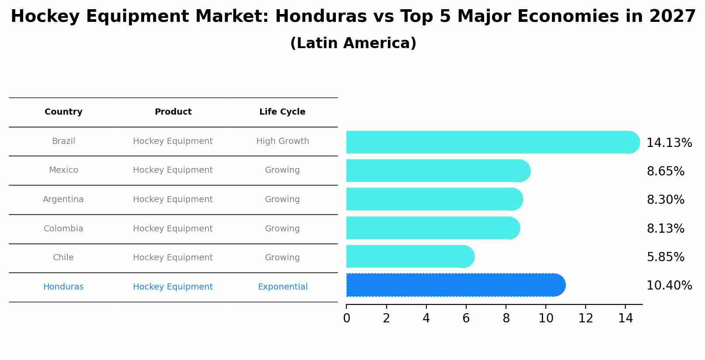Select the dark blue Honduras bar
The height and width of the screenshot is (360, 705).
[455, 285]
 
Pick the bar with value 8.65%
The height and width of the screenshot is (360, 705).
[437, 171]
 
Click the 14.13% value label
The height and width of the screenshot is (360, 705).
[669, 143]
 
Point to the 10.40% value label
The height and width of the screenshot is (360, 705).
[669, 286]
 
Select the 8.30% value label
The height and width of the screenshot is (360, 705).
[665, 200]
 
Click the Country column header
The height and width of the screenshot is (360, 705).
[63, 112]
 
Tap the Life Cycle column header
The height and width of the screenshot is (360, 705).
[282, 112]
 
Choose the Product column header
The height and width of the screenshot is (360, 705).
[173, 112]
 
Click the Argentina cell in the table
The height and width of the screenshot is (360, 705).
[63, 199]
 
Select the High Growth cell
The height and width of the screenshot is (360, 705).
[283, 141]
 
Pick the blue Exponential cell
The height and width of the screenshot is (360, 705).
[283, 287]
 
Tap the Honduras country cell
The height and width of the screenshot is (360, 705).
[63, 287]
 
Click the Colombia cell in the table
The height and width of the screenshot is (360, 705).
[63, 229]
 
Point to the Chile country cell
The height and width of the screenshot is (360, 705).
[63, 258]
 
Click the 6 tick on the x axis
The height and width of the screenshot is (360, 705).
[466, 318]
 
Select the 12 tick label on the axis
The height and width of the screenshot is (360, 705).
[586, 318]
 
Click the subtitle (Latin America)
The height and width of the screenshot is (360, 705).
[353, 43]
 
